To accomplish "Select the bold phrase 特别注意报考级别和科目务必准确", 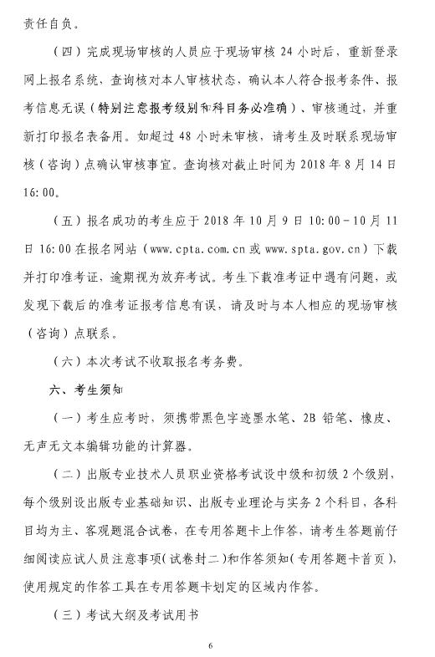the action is point(201,107).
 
